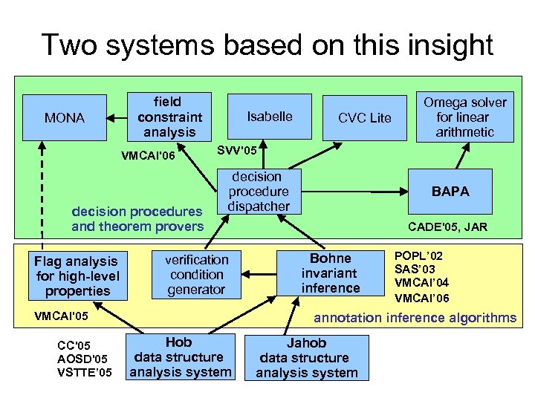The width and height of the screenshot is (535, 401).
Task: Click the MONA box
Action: tap(65, 117)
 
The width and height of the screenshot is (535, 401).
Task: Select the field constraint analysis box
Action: tap(169, 117)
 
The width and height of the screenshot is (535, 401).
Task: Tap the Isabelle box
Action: tap(270, 117)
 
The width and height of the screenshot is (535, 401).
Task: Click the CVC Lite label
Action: tap(364, 118)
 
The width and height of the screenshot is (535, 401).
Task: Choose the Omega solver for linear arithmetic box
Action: tap(464, 117)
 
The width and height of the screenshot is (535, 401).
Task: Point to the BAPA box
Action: tap(451, 191)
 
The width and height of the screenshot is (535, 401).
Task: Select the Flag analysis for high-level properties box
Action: tap(77, 276)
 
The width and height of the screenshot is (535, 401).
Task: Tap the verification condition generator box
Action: tap(196, 274)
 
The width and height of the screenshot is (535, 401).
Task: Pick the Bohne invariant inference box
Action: tap(331, 273)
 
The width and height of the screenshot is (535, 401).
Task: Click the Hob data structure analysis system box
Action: tap(179, 356)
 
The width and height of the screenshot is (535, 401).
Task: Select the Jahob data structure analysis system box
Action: tap(307, 358)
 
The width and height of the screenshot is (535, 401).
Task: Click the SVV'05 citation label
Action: tap(236, 151)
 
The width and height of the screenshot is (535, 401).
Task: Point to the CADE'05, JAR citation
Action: tap(448, 227)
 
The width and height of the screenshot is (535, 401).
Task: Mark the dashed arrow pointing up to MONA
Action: tap(42, 193)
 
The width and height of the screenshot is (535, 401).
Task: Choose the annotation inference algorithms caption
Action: tap(415, 318)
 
